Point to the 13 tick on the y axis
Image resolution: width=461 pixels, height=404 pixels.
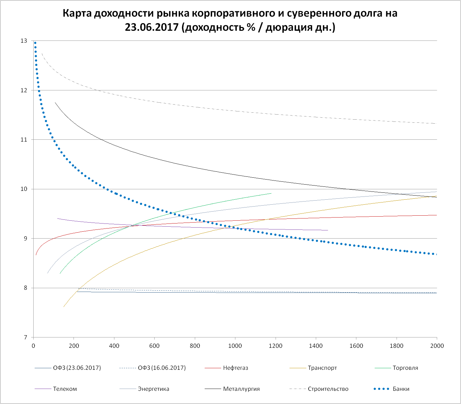click(24, 41)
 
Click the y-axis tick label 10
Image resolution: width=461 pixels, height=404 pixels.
click(24, 189)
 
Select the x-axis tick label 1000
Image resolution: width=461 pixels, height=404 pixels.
click(235, 346)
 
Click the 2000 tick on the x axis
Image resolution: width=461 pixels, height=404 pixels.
click(437, 346)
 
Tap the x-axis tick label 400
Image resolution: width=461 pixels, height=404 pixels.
click(114, 346)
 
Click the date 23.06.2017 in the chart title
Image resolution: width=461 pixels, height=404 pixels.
click(152, 27)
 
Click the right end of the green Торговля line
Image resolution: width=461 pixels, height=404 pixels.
click(271, 193)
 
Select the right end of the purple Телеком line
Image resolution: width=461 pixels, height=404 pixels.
click(328, 230)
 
